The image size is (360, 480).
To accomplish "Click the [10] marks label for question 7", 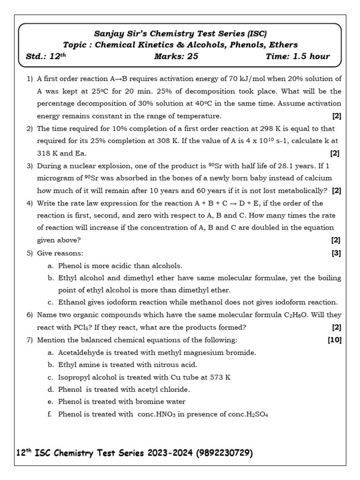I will pyautogui.click(x=335, y=340).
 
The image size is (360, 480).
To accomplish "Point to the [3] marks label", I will pyautogui.click(x=336, y=253).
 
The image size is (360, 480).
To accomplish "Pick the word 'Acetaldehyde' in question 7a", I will pyautogui.click(x=79, y=352).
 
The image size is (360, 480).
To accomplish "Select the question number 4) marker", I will pyautogui.click(x=30, y=203).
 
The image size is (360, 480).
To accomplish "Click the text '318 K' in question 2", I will pyautogui.click(x=47, y=153).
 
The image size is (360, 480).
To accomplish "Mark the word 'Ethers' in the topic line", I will pyautogui.click(x=283, y=45).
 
